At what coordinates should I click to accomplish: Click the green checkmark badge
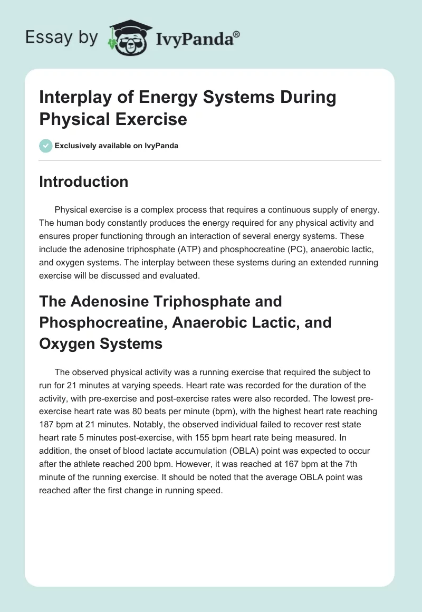45,146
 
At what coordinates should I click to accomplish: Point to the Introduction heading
84,181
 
